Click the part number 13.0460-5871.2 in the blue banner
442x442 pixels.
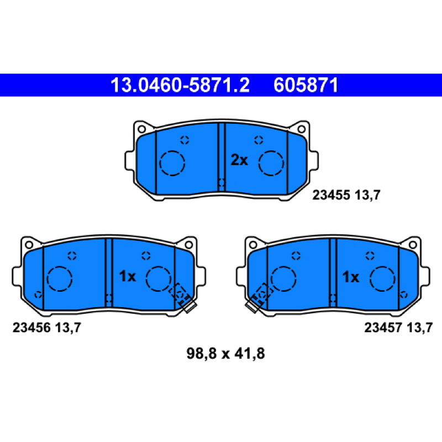click(x=180, y=85)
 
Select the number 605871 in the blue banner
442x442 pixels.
click(x=306, y=85)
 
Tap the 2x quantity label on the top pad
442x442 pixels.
click(x=239, y=160)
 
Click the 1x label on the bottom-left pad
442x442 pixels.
click(x=128, y=276)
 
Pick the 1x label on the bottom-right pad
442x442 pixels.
click(x=351, y=277)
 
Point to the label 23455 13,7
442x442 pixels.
click(x=346, y=195)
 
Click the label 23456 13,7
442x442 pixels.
click(x=47, y=328)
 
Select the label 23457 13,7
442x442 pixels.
click(x=398, y=328)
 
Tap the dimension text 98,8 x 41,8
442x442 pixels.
click(x=225, y=354)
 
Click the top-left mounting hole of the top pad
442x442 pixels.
click(x=141, y=129)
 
